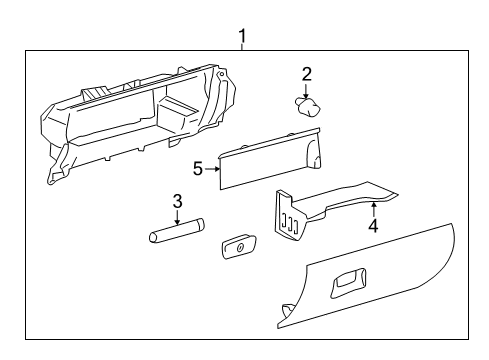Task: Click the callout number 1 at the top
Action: coord(242,36)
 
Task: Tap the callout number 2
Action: coord(307,72)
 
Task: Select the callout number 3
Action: coord(177,201)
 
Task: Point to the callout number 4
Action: coord(373,226)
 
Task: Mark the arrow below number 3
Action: coord(177,218)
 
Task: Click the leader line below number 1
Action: coord(242,48)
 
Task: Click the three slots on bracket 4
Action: coord(289,225)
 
